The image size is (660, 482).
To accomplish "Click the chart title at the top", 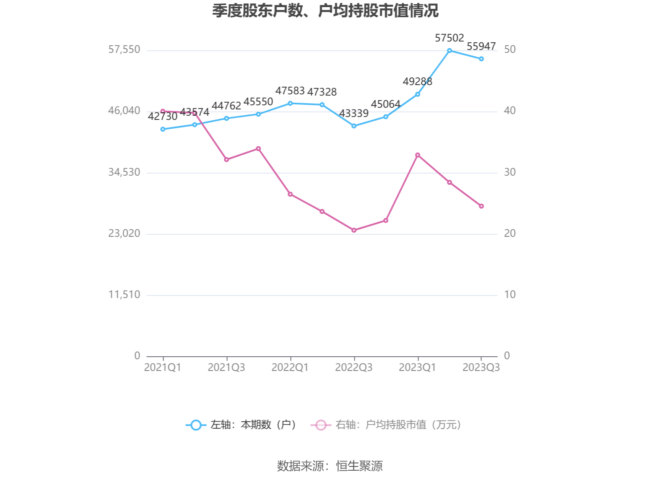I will pyautogui.click(x=325, y=11).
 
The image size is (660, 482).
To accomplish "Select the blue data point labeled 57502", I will pyautogui.click(x=450, y=51).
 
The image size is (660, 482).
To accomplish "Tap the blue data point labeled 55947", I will pyautogui.click(x=481, y=59).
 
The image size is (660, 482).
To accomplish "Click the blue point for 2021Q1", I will pyautogui.click(x=163, y=129).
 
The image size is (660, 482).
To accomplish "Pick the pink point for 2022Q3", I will pyautogui.click(x=354, y=230).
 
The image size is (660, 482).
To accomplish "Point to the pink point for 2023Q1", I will pyautogui.click(x=418, y=155).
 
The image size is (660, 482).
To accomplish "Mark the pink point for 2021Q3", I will pyautogui.click(x=226, y=160).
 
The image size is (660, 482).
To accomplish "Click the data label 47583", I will pyautogui.click(x=290, y=91).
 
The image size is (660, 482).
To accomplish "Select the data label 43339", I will pyautogui.click(x=353, y=114).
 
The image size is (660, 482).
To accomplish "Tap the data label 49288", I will pyautogui.click(x=417, y=82).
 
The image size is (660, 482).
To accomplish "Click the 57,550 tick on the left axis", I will pyautogui.click(x=124, y=49).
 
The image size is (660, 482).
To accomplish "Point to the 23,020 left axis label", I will pyautogui.click(x=124, y=233).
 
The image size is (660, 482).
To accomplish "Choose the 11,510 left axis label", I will pyautogui.click(x=124, y=295).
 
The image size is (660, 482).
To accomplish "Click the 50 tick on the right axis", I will pyautogui.click(x=510, y=49).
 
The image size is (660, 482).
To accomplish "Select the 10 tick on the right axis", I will pyautogui.click(x=510, y=295).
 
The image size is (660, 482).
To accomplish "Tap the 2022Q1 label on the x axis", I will pyautogui.click(x=290, y=368).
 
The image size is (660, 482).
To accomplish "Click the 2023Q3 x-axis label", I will pyautogui.click(x=481, y=368).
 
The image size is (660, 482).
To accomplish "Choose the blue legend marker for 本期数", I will pyautogui.click(x=196, y=425).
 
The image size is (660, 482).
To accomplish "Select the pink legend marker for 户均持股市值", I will pyautogui.click(x=321, y=425).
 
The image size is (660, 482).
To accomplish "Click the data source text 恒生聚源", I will pyautogui.click(x=359, y=466).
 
